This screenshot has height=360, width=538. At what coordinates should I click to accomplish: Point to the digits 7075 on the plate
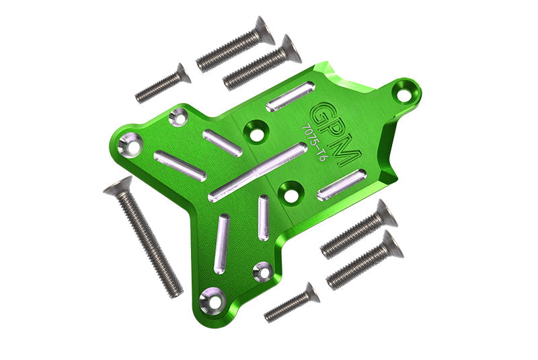(x=310, y=135)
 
